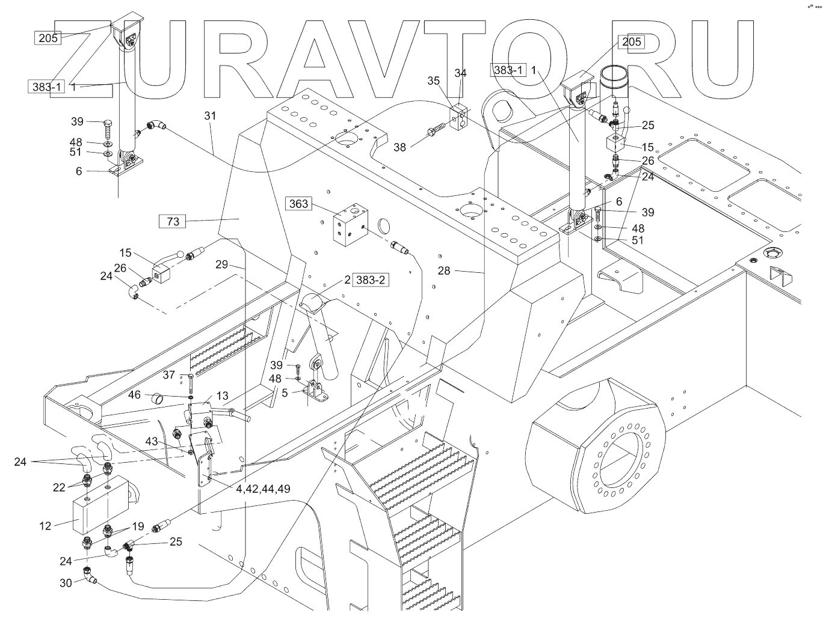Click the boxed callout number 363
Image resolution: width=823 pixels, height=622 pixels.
[x=299, y=204]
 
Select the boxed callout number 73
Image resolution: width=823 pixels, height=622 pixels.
[x=173, y=222]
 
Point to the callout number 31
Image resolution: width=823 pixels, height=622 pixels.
[x=209, y=115]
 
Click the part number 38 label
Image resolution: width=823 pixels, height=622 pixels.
[x=400, y=146]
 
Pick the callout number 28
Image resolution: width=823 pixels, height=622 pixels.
[x=444, y=271]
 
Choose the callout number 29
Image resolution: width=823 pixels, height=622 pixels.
[x=221, y=264]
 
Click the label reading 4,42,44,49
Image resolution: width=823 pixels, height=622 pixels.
[x=264, y=489]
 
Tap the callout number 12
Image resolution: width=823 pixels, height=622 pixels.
[x=46, y=526]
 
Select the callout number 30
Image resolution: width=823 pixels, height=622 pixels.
[x=66, y=582]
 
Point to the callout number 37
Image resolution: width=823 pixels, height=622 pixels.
[x=169, y=375]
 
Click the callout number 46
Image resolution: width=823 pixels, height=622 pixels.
[x=134, y=395]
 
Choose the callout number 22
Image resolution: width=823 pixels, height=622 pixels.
[x=58, y=487]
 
